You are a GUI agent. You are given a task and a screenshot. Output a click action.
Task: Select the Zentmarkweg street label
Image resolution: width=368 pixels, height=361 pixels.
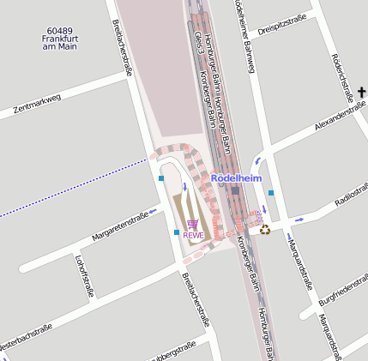point(37,105)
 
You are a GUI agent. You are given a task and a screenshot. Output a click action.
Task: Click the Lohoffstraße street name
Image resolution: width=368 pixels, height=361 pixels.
point(84,275)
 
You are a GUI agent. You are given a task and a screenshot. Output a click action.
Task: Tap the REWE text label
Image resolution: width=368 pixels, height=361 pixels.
point(193,234)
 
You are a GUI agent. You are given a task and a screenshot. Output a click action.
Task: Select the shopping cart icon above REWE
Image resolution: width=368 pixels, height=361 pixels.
point(192,224)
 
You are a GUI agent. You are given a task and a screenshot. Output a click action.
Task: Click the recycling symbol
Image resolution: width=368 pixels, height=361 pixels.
point(265,229)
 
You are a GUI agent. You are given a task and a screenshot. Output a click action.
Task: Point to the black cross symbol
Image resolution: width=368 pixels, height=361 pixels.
point(362,92)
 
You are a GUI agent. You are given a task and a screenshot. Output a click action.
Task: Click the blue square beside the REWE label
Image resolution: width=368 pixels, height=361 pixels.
point(177,232)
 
